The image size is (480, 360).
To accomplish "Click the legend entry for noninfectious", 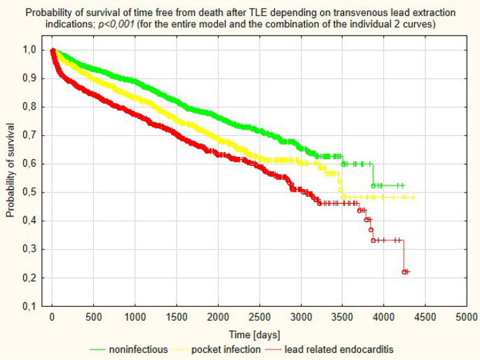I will tap(138, 349).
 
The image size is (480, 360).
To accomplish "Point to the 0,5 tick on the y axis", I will tap(32, 193).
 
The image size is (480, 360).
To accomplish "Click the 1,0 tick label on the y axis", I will tap(32, 50).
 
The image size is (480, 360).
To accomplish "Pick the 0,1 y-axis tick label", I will tap(32, 307).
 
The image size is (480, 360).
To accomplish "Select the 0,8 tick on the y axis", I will tap(32, 107).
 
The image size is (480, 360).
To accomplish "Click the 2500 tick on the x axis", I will tap(259, 317).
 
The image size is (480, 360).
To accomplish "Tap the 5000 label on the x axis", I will tap(467, 317).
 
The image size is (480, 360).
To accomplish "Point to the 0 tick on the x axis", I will tap(52, 317).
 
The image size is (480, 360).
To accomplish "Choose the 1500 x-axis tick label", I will tap(177, 317).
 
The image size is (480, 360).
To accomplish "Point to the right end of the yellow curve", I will tap(414, 198).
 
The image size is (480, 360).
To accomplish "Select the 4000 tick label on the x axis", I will tap(384, 317).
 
